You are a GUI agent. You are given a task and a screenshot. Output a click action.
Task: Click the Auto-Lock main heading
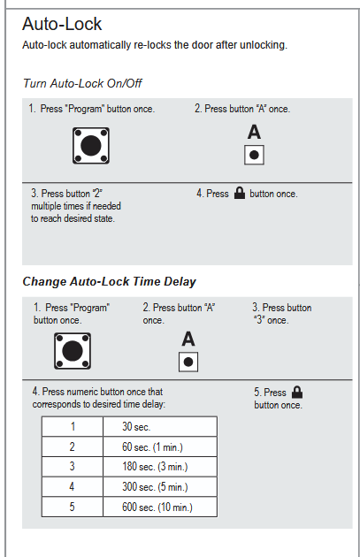click(62, 24)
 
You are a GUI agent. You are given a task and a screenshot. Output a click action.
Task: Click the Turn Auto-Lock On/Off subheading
click(82, 83)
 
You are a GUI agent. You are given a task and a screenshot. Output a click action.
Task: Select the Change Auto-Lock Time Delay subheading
click(109, 281)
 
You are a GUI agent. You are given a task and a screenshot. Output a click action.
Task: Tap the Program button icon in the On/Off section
click(91, 146)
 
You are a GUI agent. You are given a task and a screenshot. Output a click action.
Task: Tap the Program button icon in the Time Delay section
click(73, 351)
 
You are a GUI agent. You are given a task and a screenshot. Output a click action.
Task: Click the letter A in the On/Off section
click(254, 132)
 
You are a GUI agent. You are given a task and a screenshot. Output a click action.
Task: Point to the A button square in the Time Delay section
click(188, 362)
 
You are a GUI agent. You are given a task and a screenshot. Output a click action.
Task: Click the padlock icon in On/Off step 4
click(240, 193)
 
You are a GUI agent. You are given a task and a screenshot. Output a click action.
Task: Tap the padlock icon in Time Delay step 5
click(297, 392)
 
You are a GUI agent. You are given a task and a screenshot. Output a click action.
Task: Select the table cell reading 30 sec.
click(160, 426)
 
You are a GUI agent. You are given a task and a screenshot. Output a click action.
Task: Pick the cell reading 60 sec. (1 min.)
click(160, 446)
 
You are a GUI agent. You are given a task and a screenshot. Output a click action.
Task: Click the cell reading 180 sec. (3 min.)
click(160, 467)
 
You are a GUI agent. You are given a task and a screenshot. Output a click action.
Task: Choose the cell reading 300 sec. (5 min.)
click(160, 486)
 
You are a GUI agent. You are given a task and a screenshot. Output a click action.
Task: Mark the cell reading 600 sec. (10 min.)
click(160, 507)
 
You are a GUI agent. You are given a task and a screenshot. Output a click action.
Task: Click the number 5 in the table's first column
click(73, 507)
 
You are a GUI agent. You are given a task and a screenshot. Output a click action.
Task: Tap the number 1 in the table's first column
click(73, 426)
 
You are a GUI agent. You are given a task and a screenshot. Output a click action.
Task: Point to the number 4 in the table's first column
click(72, 486)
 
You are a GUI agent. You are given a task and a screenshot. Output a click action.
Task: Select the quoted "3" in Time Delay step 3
click(259, 320)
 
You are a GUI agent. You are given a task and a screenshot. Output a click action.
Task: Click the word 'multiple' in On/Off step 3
click(45, 206)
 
